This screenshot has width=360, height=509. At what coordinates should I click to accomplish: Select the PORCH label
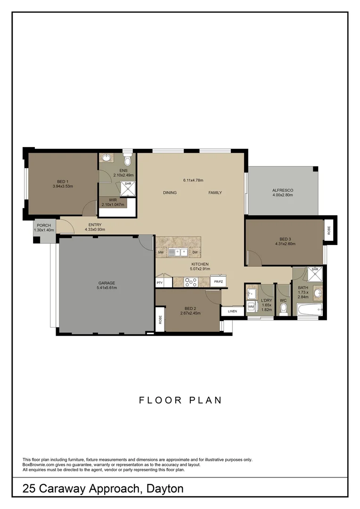click(44, 225)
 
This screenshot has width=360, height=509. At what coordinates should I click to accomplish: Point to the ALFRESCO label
click(283, 190)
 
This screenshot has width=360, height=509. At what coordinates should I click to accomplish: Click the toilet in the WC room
click(283, 309)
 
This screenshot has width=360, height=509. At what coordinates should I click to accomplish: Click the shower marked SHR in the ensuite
click(128, 188)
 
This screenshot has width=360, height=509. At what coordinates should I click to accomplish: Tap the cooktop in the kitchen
click(191, 282)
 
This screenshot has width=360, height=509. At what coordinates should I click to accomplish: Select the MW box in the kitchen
click(161, 253)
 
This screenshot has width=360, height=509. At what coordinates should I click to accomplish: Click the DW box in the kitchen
click(194, 253)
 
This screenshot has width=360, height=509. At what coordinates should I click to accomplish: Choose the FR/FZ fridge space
click(218, 282)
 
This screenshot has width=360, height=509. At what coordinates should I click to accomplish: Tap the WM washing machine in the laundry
click(251, 307)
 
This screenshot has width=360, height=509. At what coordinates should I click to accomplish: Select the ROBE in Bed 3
click(329, 230)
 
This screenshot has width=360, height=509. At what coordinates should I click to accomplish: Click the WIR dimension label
click(113, 205)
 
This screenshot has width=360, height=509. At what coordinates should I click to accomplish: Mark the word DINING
click(170, 193)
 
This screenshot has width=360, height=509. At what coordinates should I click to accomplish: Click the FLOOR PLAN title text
click(180, 400)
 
